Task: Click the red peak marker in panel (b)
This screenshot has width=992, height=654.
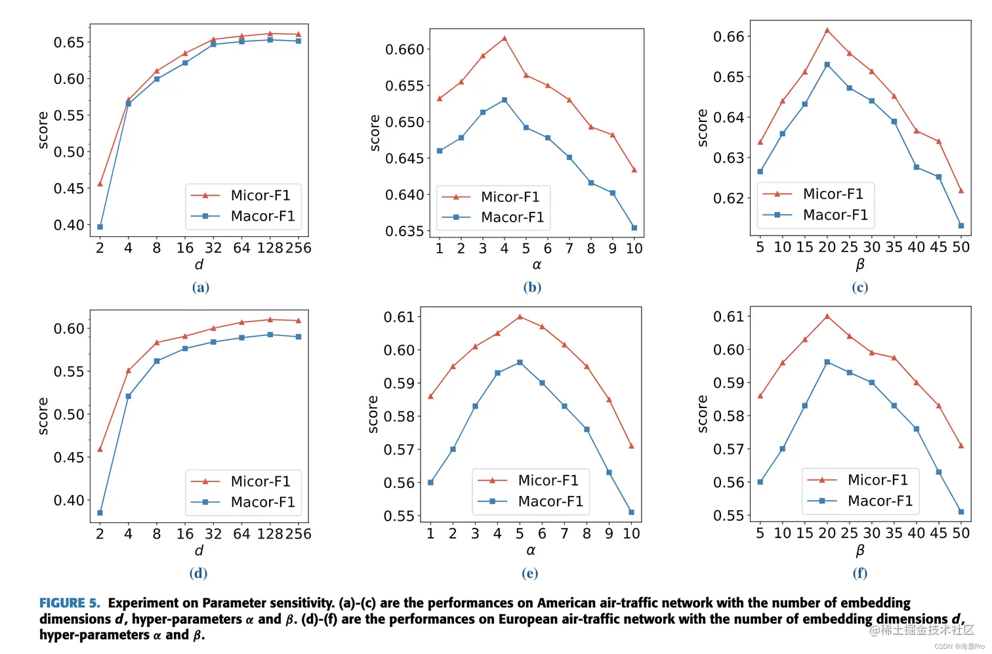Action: (504, 38)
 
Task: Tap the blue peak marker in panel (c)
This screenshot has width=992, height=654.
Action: (827, 65)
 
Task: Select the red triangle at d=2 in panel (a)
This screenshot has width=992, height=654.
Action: (100, 184)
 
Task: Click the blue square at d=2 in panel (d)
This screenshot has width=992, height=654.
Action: (100, 513)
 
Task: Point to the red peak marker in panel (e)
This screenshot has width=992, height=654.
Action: (520, 317)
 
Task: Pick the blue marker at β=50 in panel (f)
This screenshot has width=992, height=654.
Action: (961, 512)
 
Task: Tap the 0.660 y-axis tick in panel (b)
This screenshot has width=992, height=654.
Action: (404, 49)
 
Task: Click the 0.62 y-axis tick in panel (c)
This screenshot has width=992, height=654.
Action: (729, 198)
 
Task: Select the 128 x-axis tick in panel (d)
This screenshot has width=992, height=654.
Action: (270, 534)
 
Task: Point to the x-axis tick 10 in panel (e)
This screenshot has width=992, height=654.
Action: (631, 534)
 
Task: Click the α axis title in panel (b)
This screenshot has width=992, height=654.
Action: (537, 265)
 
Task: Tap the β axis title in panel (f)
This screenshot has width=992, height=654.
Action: (860, 550)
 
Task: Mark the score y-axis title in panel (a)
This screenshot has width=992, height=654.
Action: (43, 130)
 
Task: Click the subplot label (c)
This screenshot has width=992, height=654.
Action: (859, 287)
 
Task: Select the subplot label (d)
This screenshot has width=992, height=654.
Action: (198, 573)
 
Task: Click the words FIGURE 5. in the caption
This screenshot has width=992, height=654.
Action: (70, 603)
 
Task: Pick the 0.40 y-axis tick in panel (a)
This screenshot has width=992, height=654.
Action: (69, 225)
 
